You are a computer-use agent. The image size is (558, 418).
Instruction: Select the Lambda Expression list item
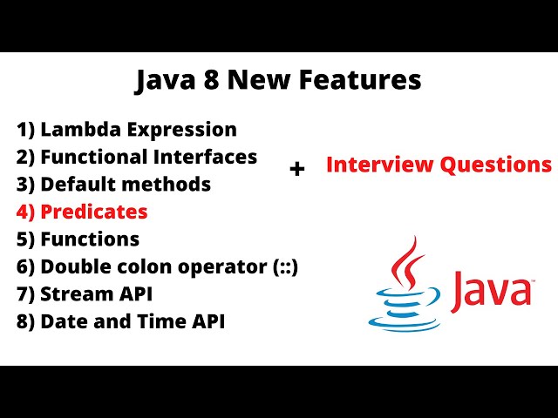(x=126, y=130)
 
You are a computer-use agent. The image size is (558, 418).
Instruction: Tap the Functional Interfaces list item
(x=137, y=157)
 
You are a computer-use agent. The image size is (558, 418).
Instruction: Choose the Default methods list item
(x=113, y=185)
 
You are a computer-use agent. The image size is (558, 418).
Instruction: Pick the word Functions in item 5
(x=90, y=239)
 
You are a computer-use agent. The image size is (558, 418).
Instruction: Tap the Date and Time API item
(x=121, y=321)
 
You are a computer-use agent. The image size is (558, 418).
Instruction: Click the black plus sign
(x=297, y=169)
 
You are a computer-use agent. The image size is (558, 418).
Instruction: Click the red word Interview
(x=374, y=165)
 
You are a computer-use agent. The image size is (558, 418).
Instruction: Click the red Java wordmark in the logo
(x=492, y=290)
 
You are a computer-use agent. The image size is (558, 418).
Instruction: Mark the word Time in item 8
(x=158, y=321)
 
